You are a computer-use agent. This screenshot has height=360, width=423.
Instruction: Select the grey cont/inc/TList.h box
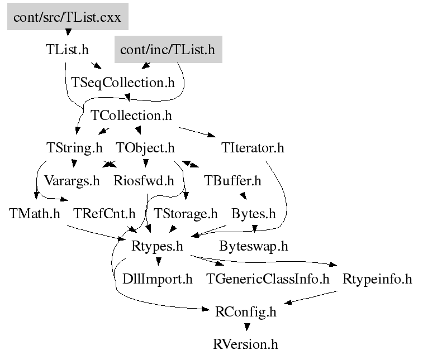click(167, 50)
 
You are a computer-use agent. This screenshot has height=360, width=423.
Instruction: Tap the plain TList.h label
click(66, 50)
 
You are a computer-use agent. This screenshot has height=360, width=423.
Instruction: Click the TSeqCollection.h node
click(123, 83)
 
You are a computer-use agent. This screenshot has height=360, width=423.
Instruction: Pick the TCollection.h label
click(131, 116)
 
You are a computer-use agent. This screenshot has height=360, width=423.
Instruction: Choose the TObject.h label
click(145, 148)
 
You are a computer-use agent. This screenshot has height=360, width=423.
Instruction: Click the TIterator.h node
click(253, 148)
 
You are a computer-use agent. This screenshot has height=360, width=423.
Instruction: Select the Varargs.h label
click(64, 181)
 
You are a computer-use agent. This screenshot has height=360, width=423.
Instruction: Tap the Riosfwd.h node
click(144, 181)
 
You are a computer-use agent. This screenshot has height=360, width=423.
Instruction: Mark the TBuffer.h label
click(232, 181)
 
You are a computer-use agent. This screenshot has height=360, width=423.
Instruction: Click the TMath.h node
click(35, 214)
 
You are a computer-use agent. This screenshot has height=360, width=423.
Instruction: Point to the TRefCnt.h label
click(104, 214)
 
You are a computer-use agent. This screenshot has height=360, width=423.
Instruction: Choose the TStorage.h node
click(185, 214)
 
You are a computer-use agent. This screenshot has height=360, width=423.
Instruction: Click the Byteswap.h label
click(254, 246)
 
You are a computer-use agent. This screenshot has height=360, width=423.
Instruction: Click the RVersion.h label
click(245, 344)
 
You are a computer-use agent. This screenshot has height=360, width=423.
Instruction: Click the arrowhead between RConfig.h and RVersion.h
click(246, 327)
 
